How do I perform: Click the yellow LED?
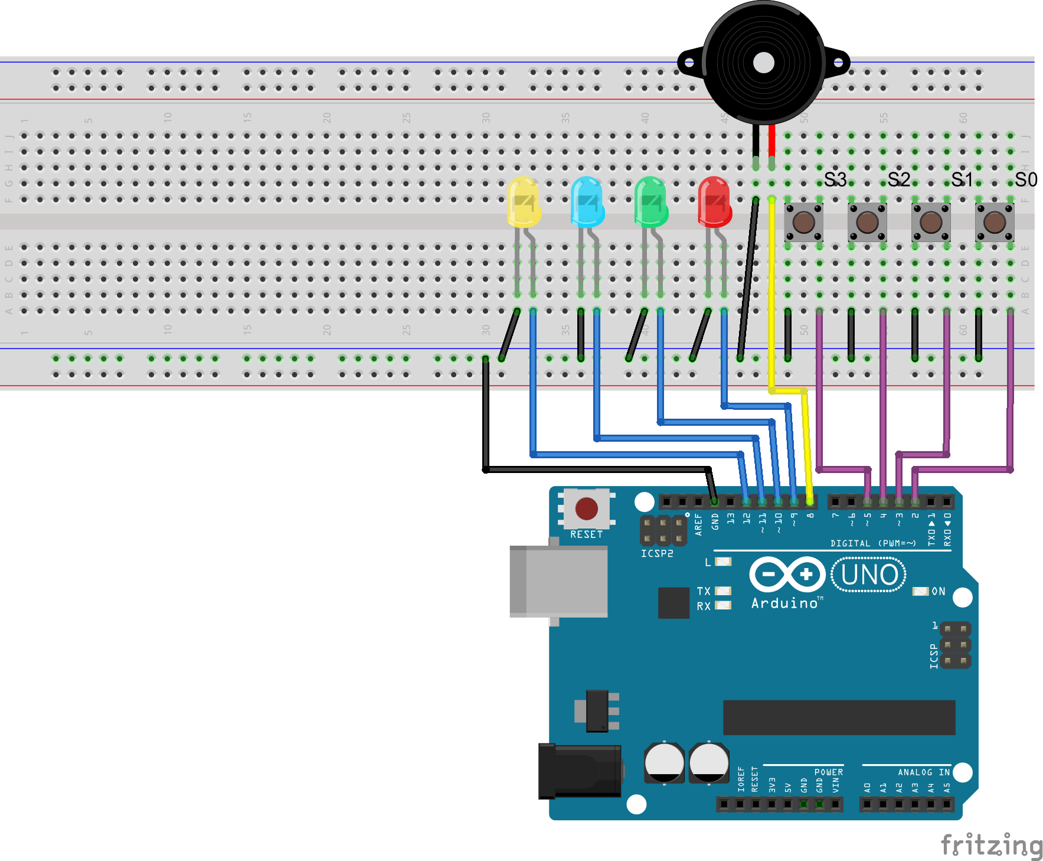(524, 202)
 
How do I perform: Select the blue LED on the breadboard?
(587, 202)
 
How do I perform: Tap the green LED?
(651, 202)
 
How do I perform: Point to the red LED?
(715, 202)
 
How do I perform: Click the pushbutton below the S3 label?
(803, 223)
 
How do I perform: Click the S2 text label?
(898, 180)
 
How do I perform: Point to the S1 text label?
(962, 180)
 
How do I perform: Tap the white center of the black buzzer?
(764, 63)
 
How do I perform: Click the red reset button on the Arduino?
(586, 508)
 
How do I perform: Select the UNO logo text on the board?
(869, 575)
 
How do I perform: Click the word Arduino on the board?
(784, 603)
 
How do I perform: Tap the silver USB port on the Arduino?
(558, 582)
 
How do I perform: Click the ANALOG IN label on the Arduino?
(924, 772)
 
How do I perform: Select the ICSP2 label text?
(657, 553)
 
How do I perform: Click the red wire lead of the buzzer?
(772, 142)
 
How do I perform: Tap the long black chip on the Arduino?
(839, 717)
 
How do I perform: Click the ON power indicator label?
(938, 591)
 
